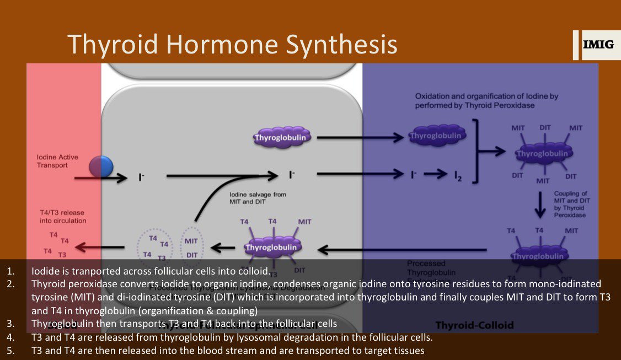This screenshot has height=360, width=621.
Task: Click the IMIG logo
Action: coord(598,45)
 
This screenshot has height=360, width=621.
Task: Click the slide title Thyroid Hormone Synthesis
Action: coord(232,44)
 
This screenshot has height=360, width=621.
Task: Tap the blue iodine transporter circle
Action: coord(101,166)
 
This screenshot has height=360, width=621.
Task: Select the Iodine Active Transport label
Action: coord(57,160)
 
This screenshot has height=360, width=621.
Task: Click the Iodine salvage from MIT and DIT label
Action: coord(258,198)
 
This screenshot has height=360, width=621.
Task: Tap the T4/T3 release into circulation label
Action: coord(62,217)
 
